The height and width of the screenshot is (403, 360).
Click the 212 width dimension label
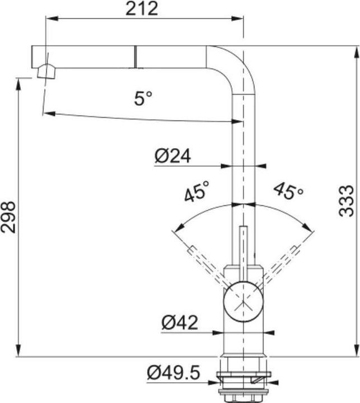(x=142, y=8)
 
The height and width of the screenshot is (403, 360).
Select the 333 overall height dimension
(x=347, y=200)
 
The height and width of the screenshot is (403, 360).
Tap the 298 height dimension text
(x=8, y=217)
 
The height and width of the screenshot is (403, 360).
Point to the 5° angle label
(x=143, y=99)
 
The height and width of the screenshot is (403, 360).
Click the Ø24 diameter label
(x=173, y=156)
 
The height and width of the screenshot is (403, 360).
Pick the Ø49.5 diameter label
(x=174, y=372)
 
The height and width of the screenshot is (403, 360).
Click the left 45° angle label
(x=197, y=191)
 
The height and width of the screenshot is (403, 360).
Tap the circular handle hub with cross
(x=242, y=302)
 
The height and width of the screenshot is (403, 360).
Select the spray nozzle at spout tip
(x=45, y=72)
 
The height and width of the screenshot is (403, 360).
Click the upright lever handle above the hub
(x=243, y=252)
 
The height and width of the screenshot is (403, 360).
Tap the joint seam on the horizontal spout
(x=134, y=57)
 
